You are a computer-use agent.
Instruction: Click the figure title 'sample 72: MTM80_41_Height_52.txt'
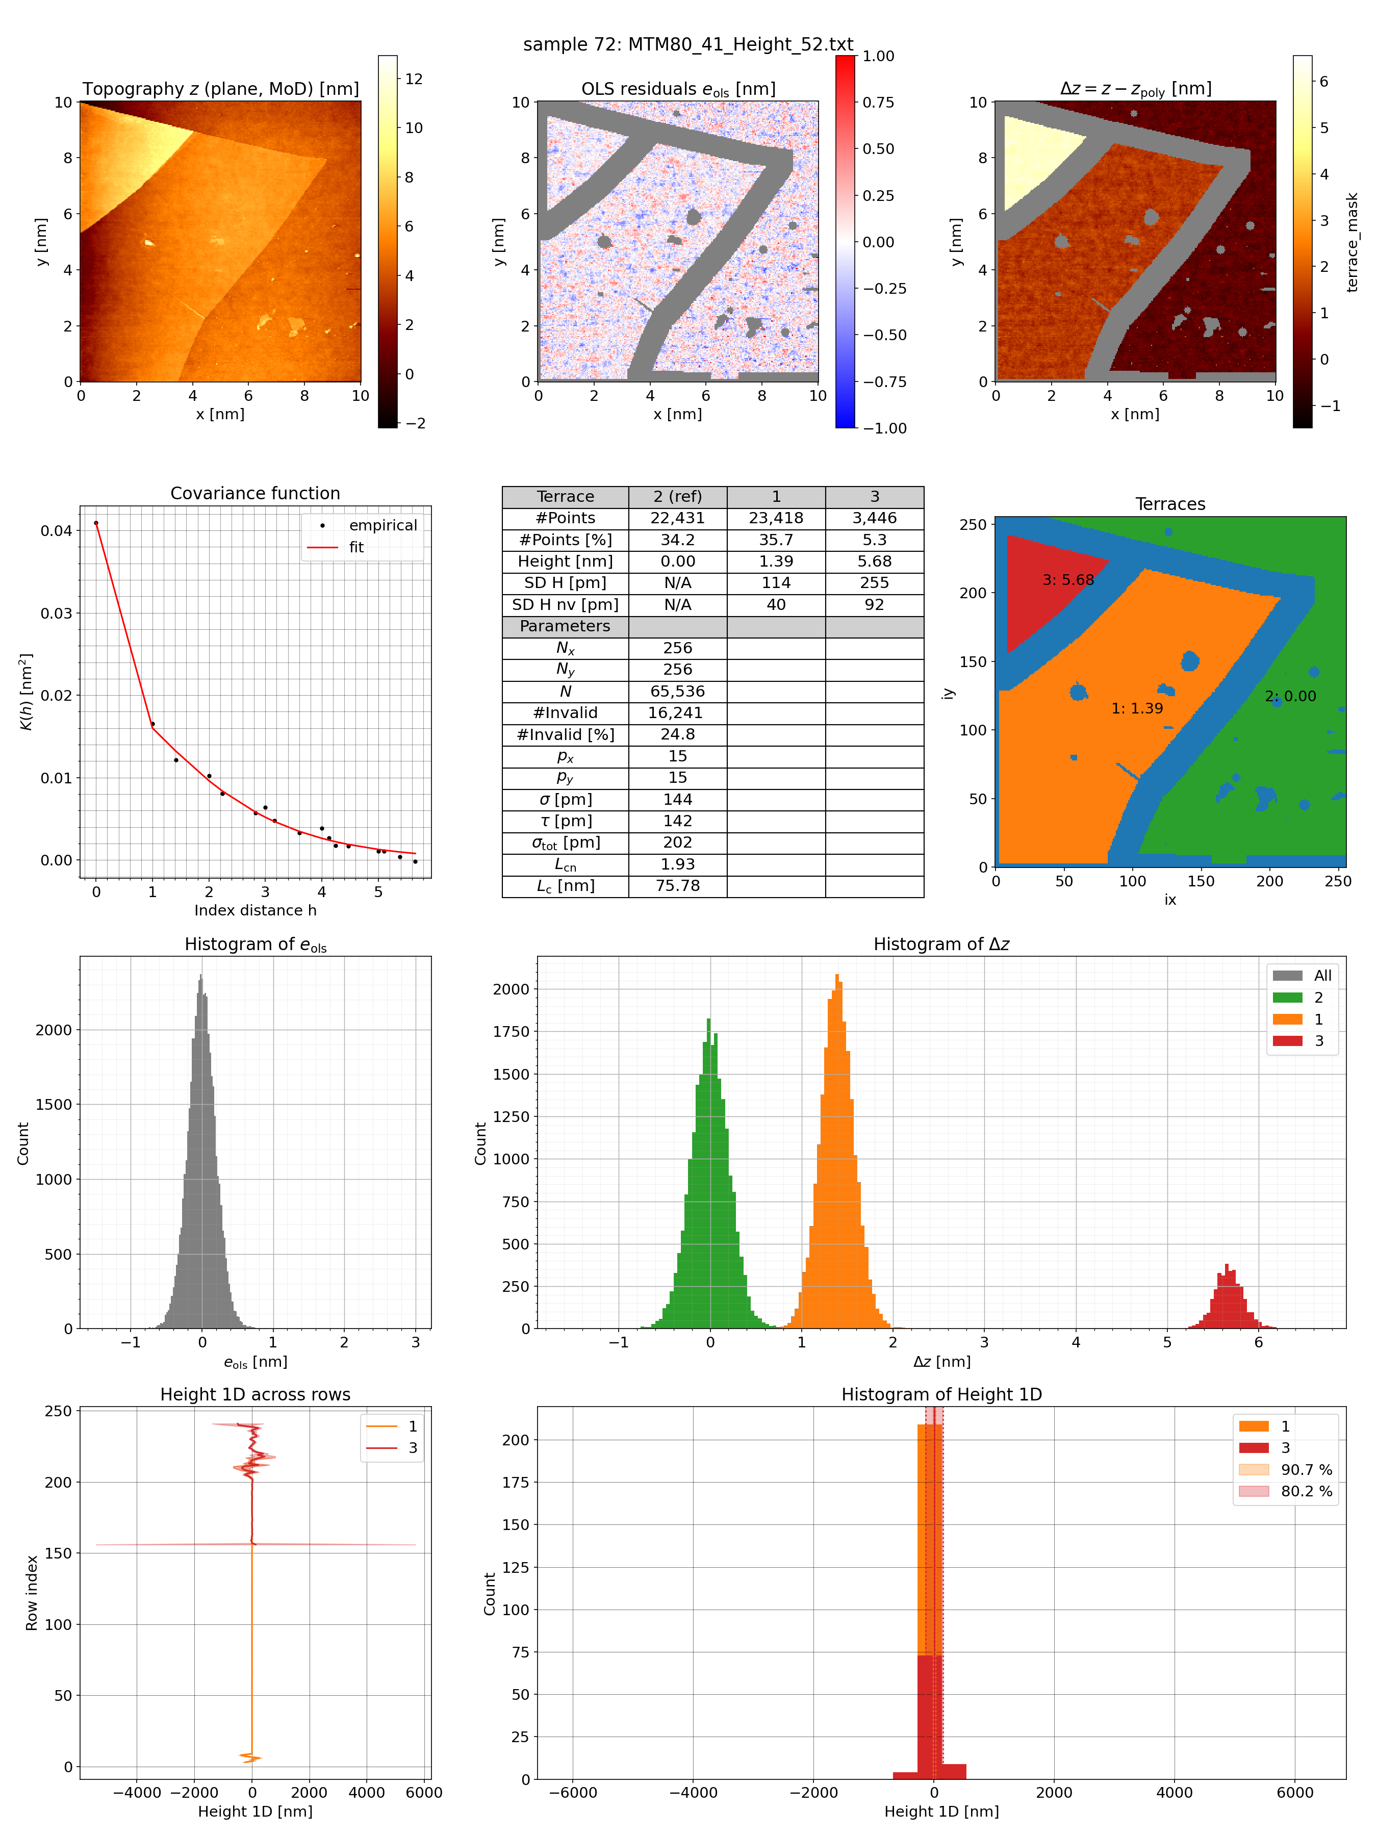pyautogui.click(x=687, y=44)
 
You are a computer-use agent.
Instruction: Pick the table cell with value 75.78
pyautogui.click(x=677, y=886)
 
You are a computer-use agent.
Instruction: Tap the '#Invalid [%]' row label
pyautogui.click(x=565, y=734)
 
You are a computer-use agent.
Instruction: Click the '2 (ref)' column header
pyautogui.click(x=677, y=496)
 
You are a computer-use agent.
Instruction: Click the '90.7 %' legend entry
pyautogui.click(x=1306, y=1469)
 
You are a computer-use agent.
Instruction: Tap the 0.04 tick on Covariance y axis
pyautogui.click(x=57, y=530)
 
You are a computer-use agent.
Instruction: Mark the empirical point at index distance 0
pyautogui.click(x=96, y=523)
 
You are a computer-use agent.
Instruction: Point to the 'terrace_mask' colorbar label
pyautogui.click(x=1352, y=242)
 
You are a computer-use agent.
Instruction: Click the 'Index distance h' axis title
pyautogui.click(x=255, y=910)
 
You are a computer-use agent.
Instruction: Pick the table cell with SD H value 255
pyautogui.click(x=874, y=582)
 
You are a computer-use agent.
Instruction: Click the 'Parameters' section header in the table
pyautogui.click(x=565, y=626)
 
